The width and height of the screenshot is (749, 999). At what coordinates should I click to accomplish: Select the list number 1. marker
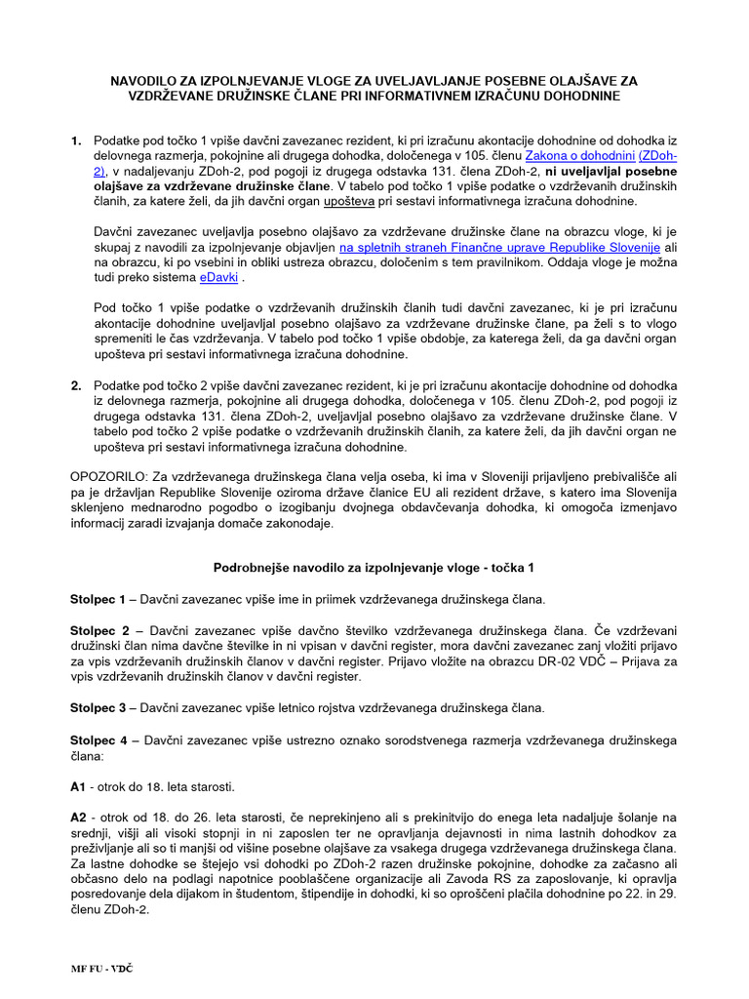(x=77, y=141)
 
